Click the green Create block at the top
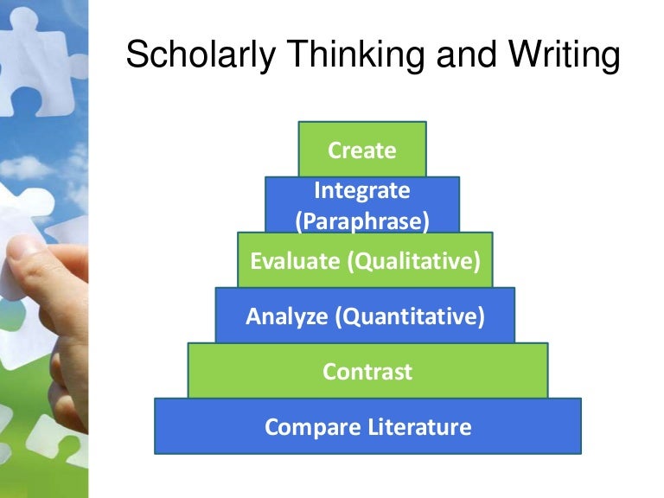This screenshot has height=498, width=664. (x=362, y=150)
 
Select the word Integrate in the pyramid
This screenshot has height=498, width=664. (x=362, y=190)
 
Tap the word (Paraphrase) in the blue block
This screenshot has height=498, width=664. (x=362, y=221)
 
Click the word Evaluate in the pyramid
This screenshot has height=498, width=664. (x=296, y=260)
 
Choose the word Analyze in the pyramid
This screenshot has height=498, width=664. (x=287, y=316)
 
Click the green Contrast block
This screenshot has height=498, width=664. (x=367, y=372)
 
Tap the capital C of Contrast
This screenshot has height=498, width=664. (x=329, y=372)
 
